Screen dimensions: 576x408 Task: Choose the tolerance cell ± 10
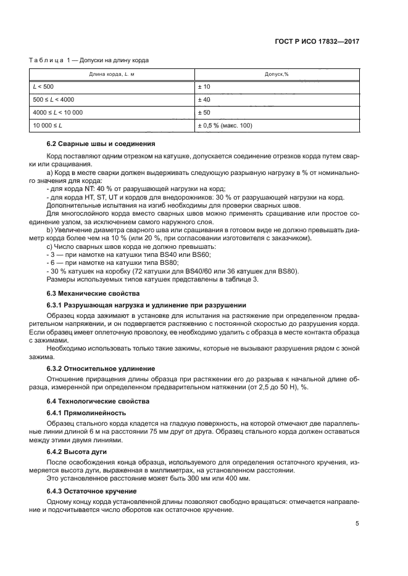click(204, 87)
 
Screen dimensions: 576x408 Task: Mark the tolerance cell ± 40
click(204, 100)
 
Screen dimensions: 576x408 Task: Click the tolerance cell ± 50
click(204, 113)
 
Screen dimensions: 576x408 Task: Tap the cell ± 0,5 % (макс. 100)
click(225, 126)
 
